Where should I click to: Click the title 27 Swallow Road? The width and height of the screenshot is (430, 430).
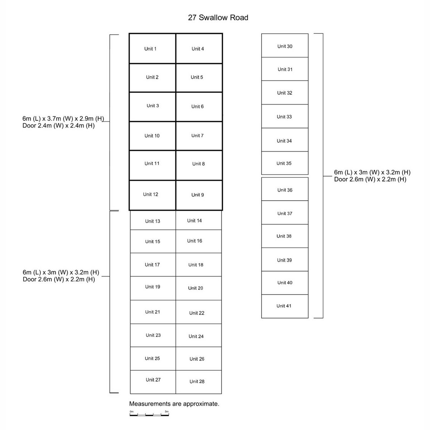coord(218,18)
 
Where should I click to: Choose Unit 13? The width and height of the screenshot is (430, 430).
coord(153,221)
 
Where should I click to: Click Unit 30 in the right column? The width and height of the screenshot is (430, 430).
coord(285,46)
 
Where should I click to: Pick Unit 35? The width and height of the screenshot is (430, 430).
coord(285,163)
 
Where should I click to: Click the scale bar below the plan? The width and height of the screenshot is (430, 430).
coord(149,415)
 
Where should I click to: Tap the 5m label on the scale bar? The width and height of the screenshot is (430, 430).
coord(167,412)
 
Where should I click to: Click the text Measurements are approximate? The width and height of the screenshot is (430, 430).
coord(174,404)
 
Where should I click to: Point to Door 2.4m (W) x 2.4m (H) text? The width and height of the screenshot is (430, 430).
coord(58,126)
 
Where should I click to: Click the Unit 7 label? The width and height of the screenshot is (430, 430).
coord(197,135)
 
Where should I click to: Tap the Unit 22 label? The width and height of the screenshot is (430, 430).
coord(197,313)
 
